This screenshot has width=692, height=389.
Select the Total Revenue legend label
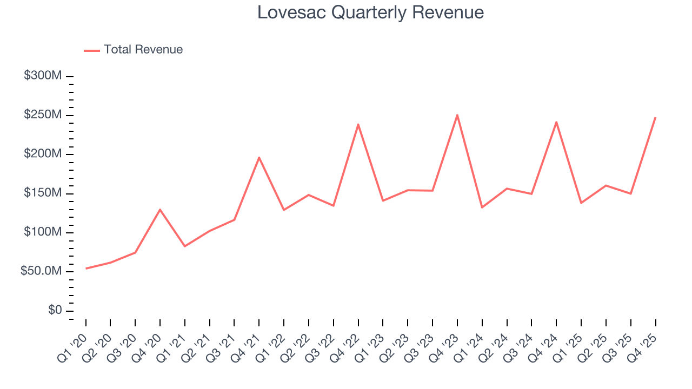coord(143,50)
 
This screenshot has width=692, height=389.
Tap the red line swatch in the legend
coord(92,50)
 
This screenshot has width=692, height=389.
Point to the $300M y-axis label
coord(43,76)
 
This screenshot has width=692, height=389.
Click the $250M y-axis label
coord(43,115)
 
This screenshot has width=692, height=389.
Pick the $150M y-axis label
coord(43,193)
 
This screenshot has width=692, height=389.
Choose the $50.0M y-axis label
coord(41,271)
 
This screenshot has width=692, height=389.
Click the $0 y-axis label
coord(55,311)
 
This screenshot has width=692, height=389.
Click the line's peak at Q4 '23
coord(457,115)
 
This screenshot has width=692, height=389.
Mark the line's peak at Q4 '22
coord(358,124)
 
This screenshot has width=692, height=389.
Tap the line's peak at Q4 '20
coord(160,209)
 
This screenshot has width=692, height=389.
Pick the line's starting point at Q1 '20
coord(86,269)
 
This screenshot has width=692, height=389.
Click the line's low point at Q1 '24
coord(482,207)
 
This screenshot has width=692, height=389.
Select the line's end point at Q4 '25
coord(655,117)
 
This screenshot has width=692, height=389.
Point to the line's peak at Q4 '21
coord(259,157)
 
